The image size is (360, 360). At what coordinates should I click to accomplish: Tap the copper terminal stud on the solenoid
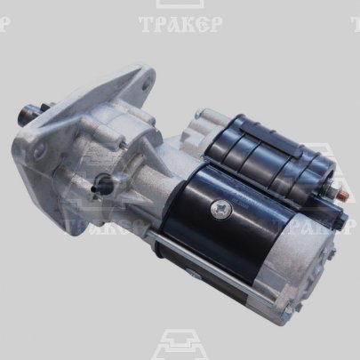(340, 194)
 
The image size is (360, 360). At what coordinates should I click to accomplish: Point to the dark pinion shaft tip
(25, 113)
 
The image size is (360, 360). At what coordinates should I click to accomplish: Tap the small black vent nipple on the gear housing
(102, 182)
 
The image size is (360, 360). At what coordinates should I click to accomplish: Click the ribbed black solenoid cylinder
(268, 156)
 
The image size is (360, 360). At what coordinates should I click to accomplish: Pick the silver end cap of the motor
(300, 260)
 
